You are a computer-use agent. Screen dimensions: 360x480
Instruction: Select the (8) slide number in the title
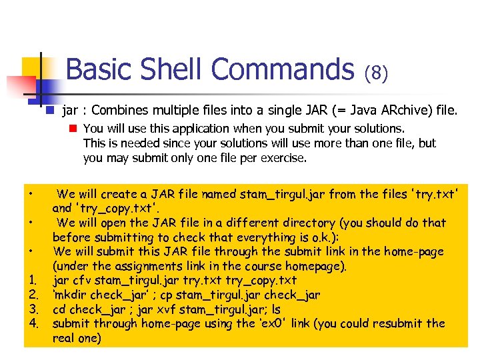click(x=376, y=72)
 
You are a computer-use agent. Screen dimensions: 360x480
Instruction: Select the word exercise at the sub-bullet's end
click(x=285, y=158)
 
